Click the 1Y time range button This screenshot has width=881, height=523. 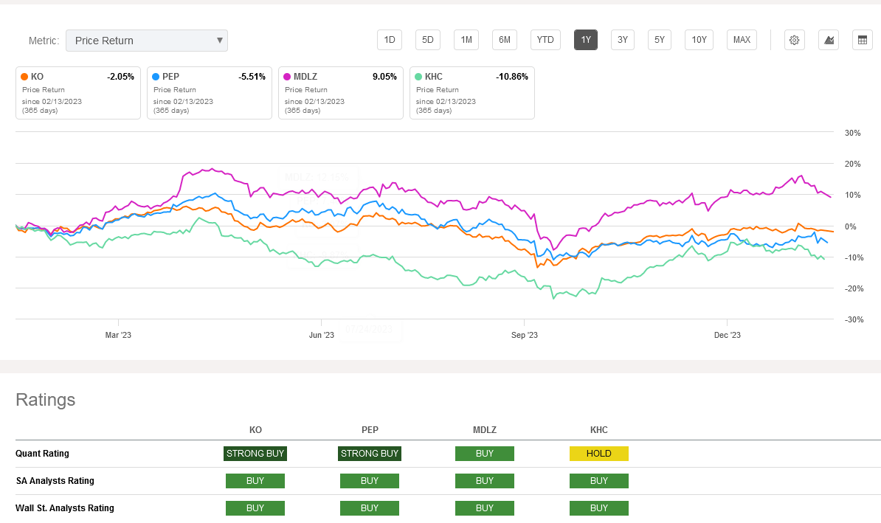(x=586, y=40)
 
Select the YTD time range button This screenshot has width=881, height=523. (x=545, y=40)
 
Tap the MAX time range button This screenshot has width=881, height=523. (x=742, y=40)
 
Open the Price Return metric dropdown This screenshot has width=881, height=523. (x=146, y=41)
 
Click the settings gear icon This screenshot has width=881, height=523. (x=794, y=40)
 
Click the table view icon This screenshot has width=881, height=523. (x=862, y=40)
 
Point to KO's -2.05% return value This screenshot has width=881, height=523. (x=120, y=77)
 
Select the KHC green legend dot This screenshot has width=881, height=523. (x=418, y=77)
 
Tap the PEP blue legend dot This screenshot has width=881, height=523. (x=156, y=77)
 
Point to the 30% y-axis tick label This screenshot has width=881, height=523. (x=853, y=134)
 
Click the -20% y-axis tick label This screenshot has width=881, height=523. (x=853, y=288)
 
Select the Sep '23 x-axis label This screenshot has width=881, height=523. (x=524, y=335)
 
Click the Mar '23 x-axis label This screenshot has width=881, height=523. (x=118, y=335)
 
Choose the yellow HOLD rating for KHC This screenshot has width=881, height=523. (x=598, y=454)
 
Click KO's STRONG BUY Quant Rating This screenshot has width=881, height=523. (x=255, y=454)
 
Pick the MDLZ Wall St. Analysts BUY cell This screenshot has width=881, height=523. (x=484, y=508)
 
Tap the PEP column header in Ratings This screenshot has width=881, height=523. (x=370, y=430)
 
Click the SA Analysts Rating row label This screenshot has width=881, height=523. (x=55, y=481)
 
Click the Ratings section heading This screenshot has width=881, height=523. (x=46, y=400)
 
